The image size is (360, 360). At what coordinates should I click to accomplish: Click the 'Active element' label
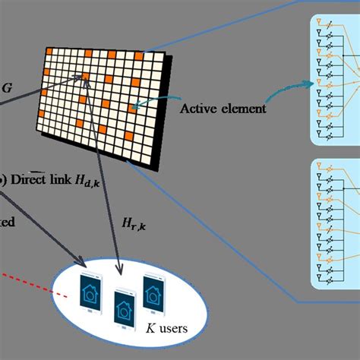223,109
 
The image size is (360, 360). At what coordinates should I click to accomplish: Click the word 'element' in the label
245,109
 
